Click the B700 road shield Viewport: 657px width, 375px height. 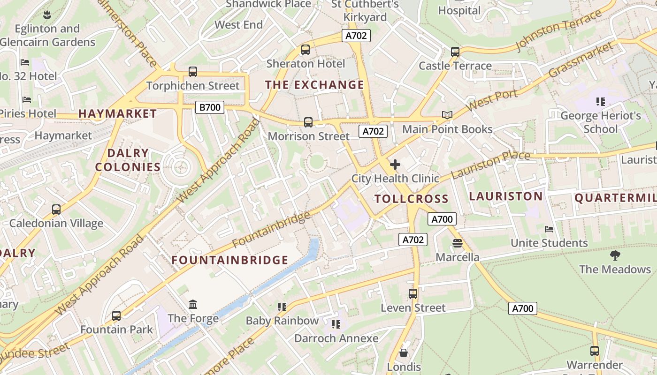210,107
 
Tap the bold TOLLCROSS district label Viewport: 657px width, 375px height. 412,199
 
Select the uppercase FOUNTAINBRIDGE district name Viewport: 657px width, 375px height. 230,260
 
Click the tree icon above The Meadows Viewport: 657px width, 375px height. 615,255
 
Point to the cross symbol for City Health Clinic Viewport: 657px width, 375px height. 395,165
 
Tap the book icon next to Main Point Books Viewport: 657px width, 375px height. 447,115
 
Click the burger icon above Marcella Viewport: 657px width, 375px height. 458,243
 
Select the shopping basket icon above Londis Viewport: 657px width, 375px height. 404,353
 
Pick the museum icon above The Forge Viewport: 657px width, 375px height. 193,305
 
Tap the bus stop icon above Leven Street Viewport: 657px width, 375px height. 413,294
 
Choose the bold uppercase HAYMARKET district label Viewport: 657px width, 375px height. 117,113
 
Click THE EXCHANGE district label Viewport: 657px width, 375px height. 314,85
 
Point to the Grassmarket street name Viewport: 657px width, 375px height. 581,60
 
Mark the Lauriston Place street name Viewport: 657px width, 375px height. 490,165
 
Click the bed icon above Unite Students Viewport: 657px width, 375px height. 549,229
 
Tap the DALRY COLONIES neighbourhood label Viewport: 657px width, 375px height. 128,160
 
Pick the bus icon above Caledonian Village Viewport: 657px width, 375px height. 56,210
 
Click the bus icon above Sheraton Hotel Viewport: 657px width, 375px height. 306,49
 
